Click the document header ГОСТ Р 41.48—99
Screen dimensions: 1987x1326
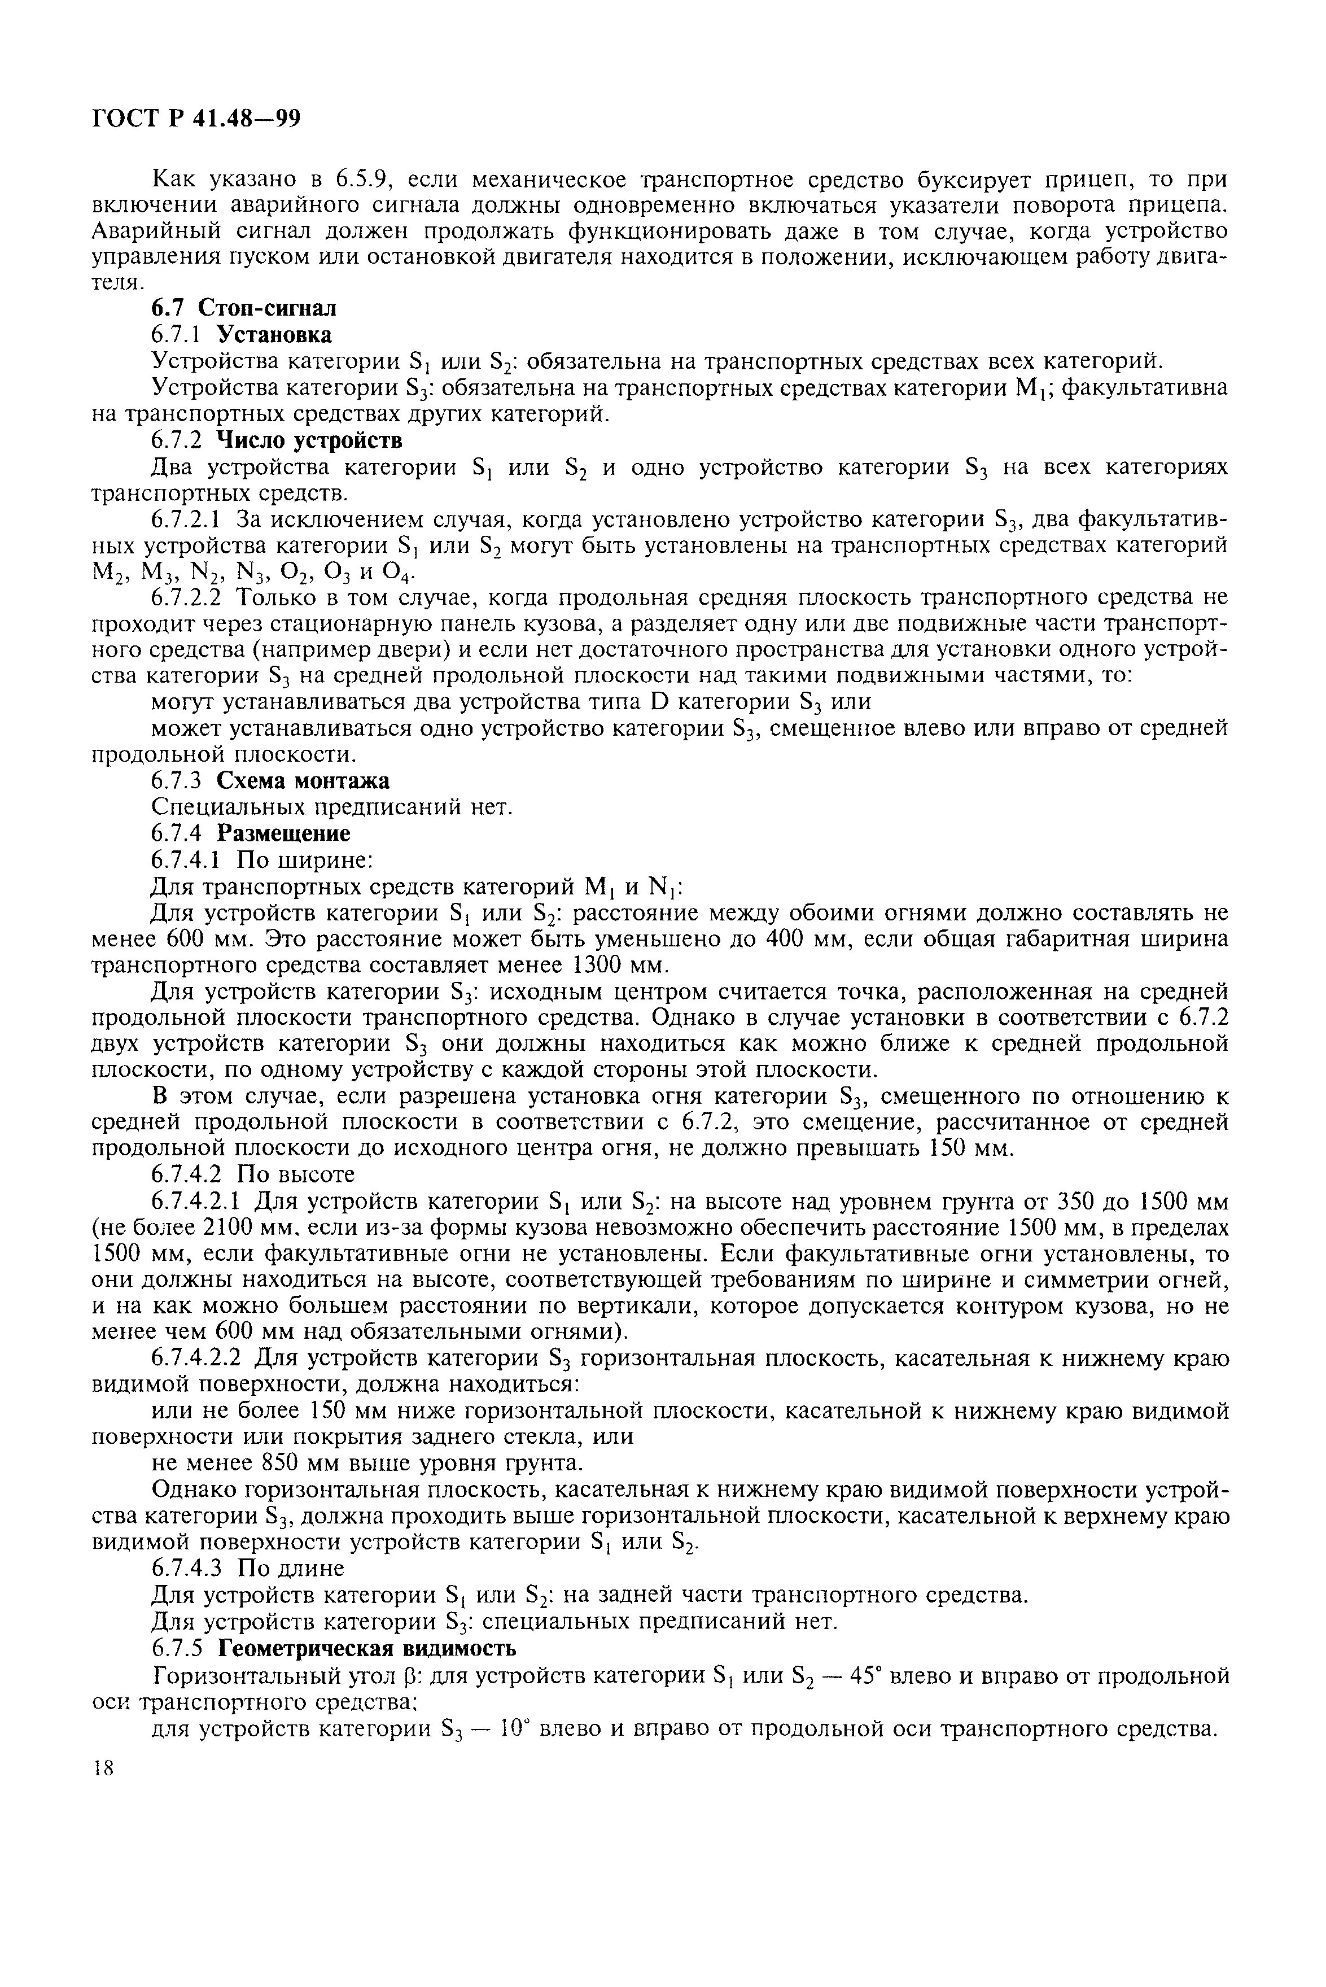195,119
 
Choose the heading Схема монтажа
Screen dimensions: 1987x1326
309,781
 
